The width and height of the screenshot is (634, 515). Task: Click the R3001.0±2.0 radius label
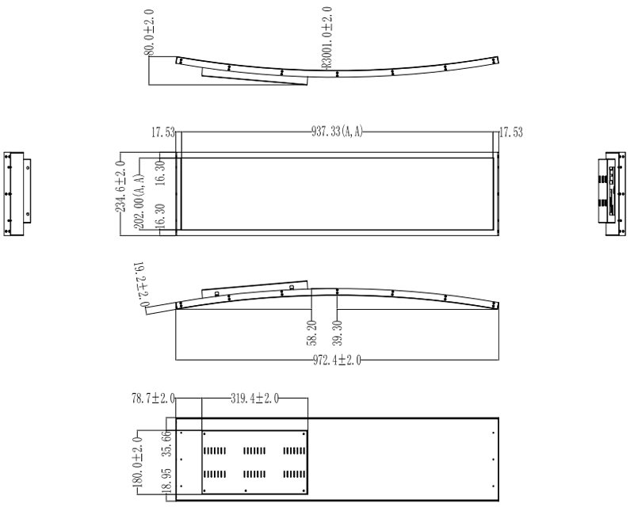327,37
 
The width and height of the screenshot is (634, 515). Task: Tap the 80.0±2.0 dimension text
149,32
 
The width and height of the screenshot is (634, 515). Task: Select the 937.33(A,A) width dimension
337,132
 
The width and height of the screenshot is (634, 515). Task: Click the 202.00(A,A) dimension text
139,202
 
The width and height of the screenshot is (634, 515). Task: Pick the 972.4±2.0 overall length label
337,360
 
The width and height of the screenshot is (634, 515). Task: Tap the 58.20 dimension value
311,333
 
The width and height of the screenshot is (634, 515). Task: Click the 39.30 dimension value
338,333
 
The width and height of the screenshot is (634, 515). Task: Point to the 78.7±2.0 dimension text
153,399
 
